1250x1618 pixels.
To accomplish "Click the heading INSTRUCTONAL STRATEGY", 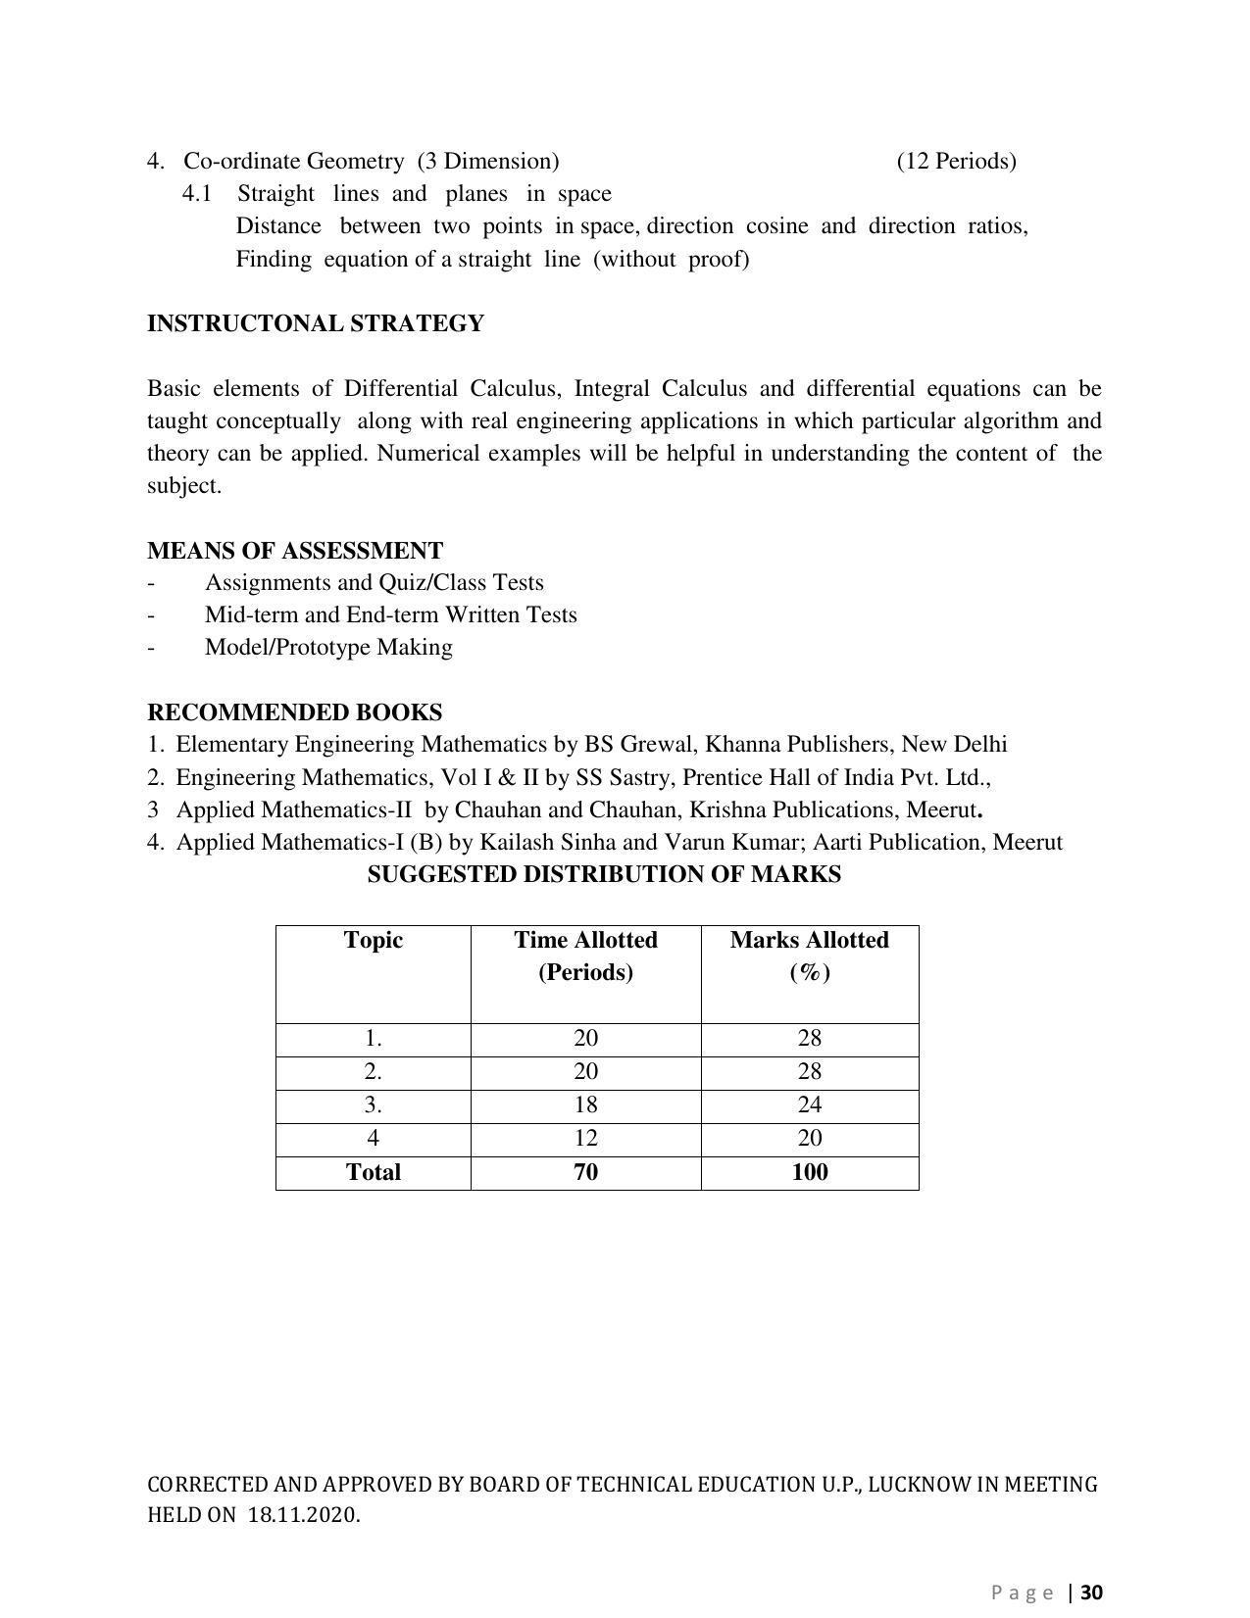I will point(315,323).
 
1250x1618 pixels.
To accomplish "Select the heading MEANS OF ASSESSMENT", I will point(294,551).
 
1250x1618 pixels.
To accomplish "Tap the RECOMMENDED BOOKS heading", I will point(294,712).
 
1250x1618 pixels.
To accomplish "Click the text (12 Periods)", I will point(956,161).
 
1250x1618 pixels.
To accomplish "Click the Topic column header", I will point(373,941).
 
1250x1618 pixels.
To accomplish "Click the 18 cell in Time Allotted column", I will point(585,1105).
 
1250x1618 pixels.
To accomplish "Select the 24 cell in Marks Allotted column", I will point(809,1105).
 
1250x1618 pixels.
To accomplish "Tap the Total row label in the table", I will point(373,1173).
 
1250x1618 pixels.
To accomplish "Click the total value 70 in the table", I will point(585,1173).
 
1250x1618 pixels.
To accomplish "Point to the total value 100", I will point(809,1173).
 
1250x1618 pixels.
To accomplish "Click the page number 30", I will point(1092,1593).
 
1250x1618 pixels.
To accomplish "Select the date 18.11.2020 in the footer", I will point(303,1516).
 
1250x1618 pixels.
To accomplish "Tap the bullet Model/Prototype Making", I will point(328,648).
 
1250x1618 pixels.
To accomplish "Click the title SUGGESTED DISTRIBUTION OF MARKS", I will point(604,875).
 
